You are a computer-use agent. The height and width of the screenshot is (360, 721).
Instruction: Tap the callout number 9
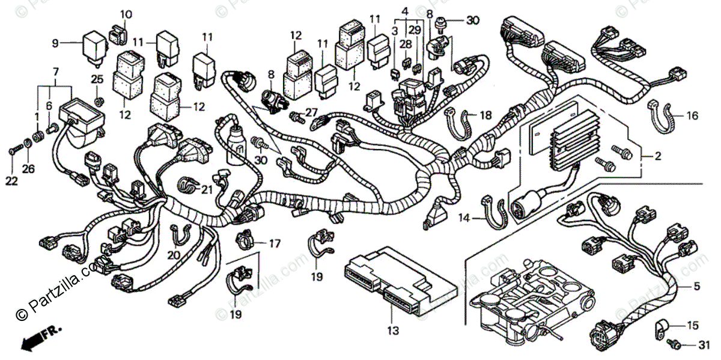coord(55,43)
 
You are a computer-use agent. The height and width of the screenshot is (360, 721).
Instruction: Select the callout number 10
coord(126,14)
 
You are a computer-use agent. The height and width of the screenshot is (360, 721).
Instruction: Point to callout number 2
coord(658,156)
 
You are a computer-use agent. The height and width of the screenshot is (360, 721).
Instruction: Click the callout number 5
coord(697,285)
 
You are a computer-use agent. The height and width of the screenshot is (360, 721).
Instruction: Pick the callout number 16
coord(693,115)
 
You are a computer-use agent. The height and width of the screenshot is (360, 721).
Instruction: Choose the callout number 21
coord(207,190)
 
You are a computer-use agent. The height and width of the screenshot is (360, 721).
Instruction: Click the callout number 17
coord(274,243)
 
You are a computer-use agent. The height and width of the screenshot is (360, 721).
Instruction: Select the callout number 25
coord(97,79)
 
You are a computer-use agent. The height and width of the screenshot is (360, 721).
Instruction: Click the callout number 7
coord(56,72)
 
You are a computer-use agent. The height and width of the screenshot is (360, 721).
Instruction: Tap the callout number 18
coord(485,114)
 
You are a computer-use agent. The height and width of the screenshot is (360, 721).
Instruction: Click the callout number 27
coord(310,112)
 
